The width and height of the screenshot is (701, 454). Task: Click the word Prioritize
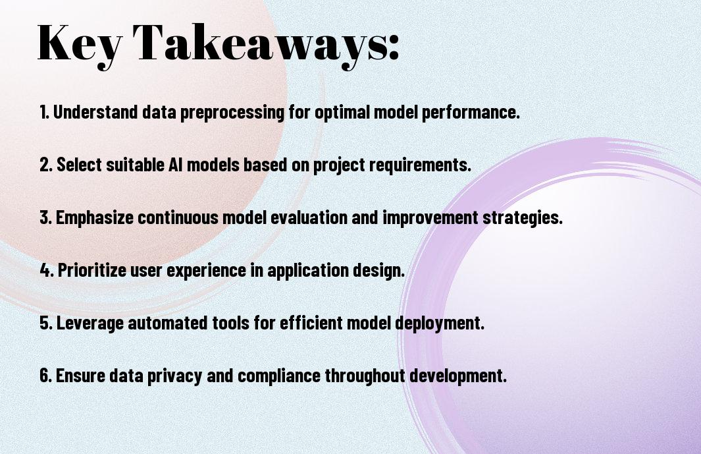(92, 270)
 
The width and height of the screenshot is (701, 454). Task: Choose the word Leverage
(90, 323)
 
